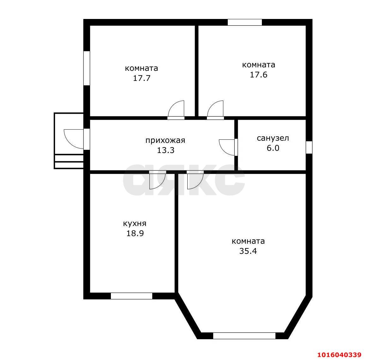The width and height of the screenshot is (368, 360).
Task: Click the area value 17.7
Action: (x=142, y=78)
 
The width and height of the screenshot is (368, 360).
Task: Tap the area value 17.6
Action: (x=258, y=75)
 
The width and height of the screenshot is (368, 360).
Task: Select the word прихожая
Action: (x=165, y=140)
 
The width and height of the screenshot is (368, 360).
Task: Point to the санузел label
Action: (x=273, y=138)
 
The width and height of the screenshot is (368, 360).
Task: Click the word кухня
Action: (x=135, y=223)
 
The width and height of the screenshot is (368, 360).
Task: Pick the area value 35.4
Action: (x=248, y=251)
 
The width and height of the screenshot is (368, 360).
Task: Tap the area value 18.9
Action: (x=135, y=234)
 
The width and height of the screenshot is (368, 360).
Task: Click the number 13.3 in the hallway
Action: (x=166, y=150)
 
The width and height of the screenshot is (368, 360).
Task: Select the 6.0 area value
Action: (x=273, y=148)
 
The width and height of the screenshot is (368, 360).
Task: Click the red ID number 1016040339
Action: (x=339, y=354)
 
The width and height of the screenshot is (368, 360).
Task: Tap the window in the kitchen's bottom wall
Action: (x=131, y=296)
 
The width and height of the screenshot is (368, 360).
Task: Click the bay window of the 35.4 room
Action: (x=244, y=336)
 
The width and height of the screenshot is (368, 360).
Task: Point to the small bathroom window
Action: (x=309, y=147)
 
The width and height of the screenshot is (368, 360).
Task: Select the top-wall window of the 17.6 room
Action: (x=244, y=22)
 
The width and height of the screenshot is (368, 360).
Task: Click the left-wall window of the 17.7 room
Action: (x=87, y=68)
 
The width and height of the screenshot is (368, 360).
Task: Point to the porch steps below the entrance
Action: (x=69, y=162)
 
